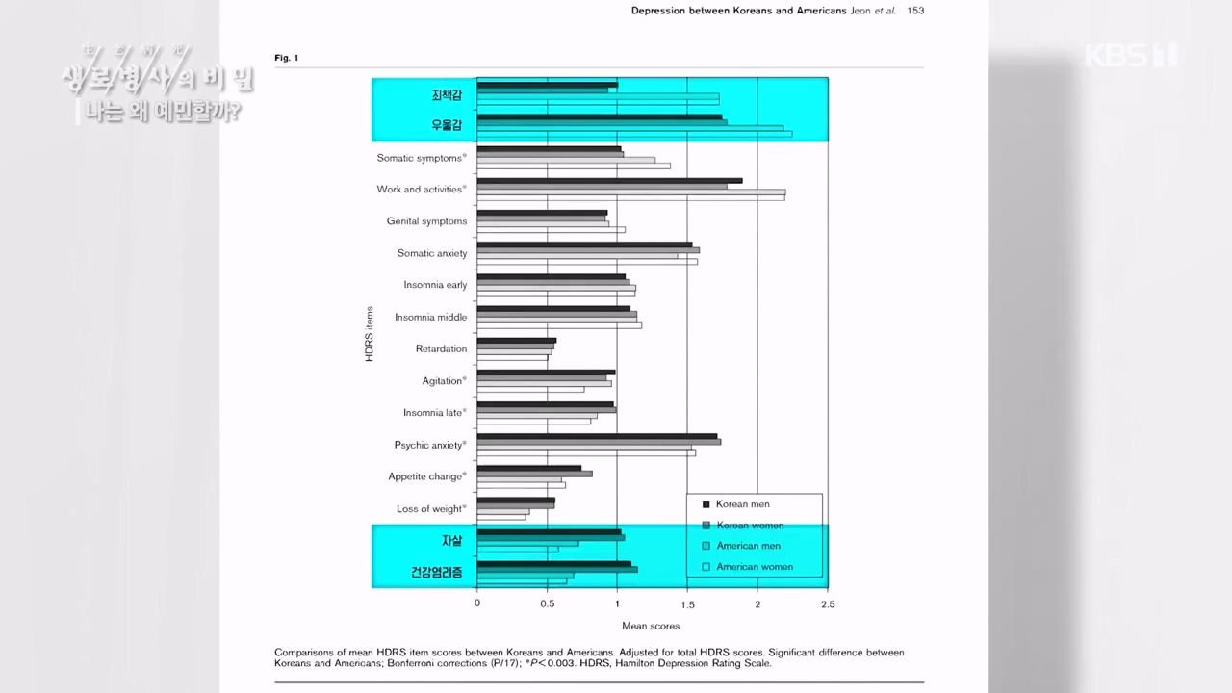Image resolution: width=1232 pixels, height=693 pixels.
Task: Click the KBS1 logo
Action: (x=1130, y=55)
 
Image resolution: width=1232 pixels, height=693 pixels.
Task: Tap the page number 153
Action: (x=916, y=11)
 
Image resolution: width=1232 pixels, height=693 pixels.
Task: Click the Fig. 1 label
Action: (x=287, y=58)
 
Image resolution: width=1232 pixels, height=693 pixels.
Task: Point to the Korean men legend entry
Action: (x=742, y=504)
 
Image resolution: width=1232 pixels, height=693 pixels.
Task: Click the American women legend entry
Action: (x=755, y=567)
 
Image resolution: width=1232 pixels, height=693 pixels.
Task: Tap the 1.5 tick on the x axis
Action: (x=687, y=604)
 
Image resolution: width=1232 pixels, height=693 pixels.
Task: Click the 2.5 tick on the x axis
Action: (x=828, y=604)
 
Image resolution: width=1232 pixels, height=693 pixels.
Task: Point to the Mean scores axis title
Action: (x=651, y=626)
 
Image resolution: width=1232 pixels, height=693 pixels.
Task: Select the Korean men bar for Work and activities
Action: (x=609, y=181)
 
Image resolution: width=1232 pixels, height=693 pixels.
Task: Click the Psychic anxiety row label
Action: (x=430, y=445)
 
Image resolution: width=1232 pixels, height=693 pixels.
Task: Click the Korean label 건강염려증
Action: (x=437, y=573)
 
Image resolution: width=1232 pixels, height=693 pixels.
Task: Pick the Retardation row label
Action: (x=441, y=348)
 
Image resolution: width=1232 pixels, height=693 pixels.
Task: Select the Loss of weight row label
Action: (x=431, y=508)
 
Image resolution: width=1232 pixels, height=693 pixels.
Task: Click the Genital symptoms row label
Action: (x=426, y=221)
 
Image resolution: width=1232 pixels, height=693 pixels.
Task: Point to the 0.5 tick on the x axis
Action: (x=547, y=604)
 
